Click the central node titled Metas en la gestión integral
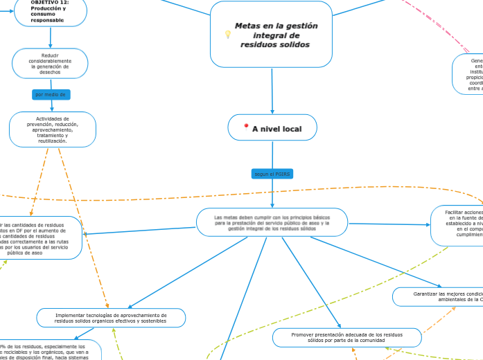pos(271,35)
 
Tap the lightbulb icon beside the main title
pos(227,34)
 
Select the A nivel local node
pos(272,128)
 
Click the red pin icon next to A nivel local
pos(246,127)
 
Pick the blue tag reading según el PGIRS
pos(272,174)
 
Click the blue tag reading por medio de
pos(51,94)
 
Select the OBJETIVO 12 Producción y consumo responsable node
pos(50,12)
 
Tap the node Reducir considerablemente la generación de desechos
pos(50,64)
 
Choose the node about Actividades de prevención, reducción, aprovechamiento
pos(53,129)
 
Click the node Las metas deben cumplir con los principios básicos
pos(272,222)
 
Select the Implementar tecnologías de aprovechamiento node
pos(111,318)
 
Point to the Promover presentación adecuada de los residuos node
pos(346,337)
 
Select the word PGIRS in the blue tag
pos(282,174)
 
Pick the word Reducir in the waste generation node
pos(50,55)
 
